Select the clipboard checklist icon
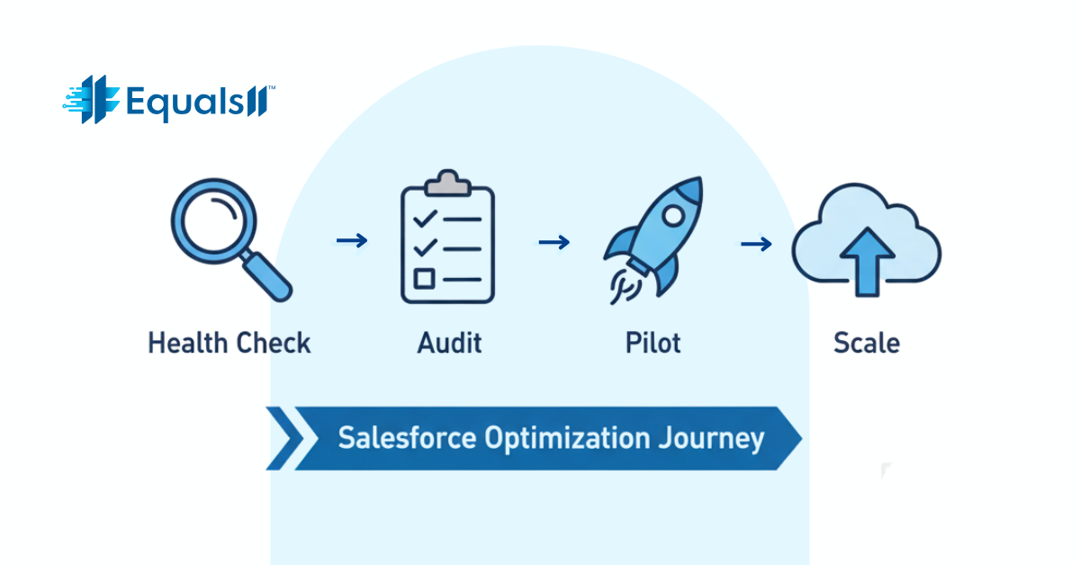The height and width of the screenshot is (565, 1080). (x=447, y=240)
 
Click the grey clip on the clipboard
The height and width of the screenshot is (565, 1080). (x=447, y=184)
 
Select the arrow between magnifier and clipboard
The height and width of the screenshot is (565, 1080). (x=351, y=240)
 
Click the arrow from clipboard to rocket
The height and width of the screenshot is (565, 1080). (x=553, y=242)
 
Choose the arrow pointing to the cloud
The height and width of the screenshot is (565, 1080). (x=756, y=243)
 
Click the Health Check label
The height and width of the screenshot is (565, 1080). (x=229, y=343)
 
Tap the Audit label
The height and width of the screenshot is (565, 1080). (x=450, y=343)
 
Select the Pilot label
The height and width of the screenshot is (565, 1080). (x=652, y=343)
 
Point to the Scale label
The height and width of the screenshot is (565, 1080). (x=866, y=343)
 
